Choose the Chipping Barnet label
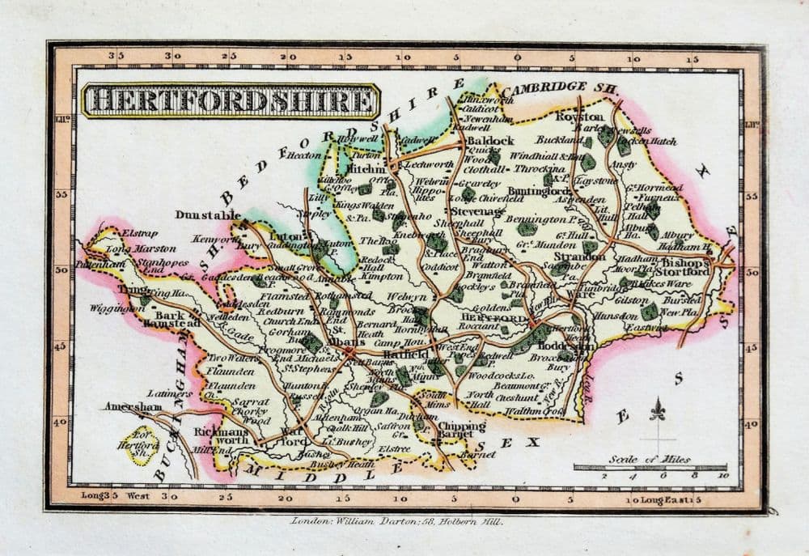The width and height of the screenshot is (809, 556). tap(462, 431)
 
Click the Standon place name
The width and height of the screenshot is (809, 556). tap(579, 257)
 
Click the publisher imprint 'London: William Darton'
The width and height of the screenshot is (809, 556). tap(396, 522)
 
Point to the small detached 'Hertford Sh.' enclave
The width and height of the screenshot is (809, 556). tap(143, 444)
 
